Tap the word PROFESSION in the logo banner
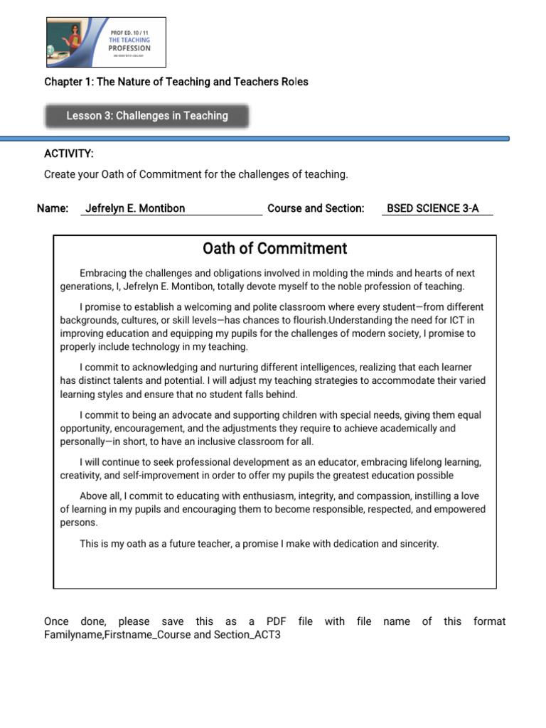pyautogui.click(x=129, y=48)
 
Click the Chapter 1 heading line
pyautogui.click(x=176, y=82)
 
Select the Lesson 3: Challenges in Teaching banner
pyautogui.click(x=147, y=116)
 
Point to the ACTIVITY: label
pyautogui.click(x=69, y=154)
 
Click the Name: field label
pyautogui.click(x=53, y=208)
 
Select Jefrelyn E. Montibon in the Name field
pyautogui.click(x=135, y=208)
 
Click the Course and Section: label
pyautogui.click(x=316, y=208)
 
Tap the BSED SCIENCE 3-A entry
pyautogui.click(x=432, y=208)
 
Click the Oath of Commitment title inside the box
pyautogui.click(x=274, y=249)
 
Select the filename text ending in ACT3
pyautogui.click(x=162, y=635)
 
